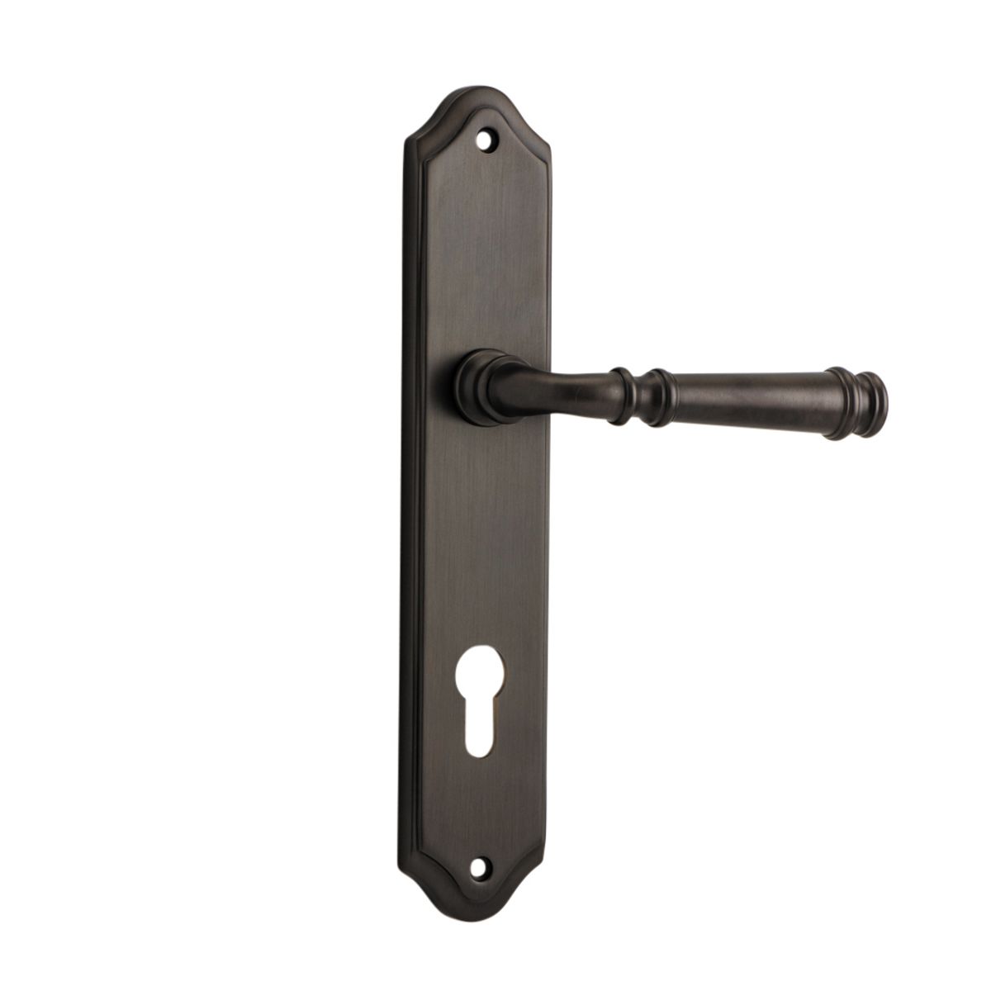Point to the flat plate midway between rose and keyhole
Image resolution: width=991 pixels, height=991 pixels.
pos(477,545)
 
